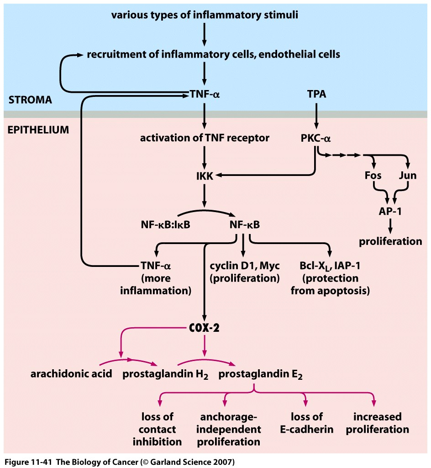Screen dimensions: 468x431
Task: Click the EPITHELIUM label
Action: click(x=38, y=130)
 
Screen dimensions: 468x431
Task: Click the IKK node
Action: click(x=204, y=175)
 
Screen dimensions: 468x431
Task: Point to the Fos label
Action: click(x=373, y=175)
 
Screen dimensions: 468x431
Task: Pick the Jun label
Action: click(x=407, y=175)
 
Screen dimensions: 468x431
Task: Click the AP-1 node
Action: click(x=390, y=211)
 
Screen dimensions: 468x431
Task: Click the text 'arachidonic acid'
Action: click(x=71, y=374)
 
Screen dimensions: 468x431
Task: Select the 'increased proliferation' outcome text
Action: click(x=377, y=423)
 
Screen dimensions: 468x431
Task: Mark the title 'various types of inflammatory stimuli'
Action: click(x=205, y=15)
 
